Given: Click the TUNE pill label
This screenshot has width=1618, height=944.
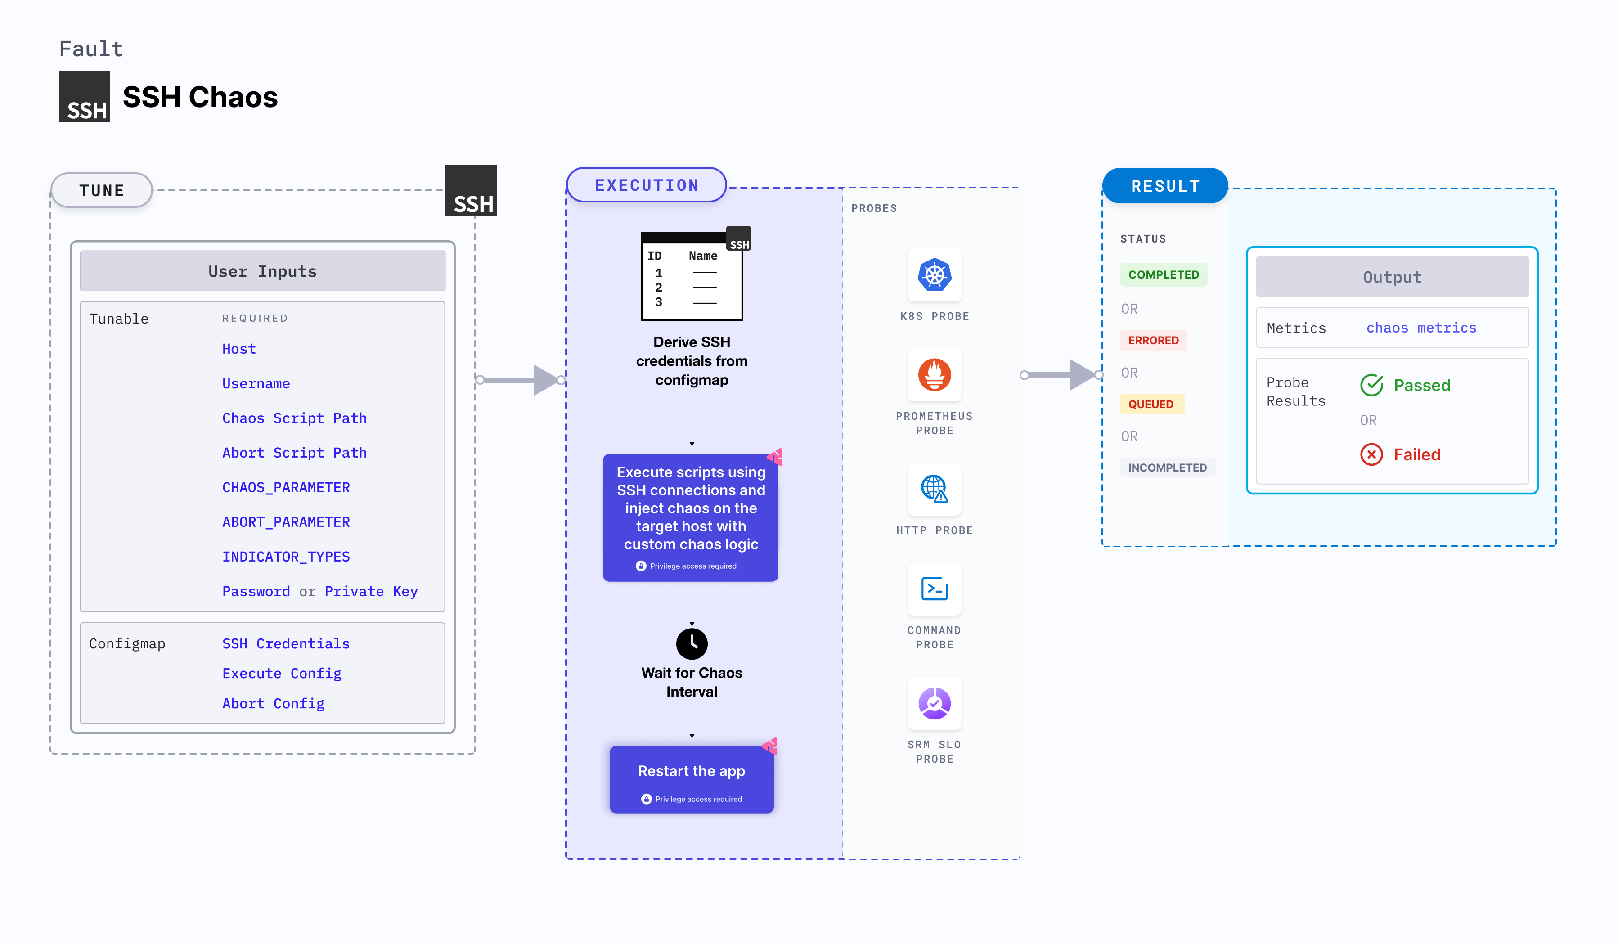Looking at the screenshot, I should click(101, 191).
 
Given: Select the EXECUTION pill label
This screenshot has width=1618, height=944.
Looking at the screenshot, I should click(646, 185).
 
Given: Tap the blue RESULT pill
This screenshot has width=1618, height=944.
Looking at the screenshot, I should click(1165, 186).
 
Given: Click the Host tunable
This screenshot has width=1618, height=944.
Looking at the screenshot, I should click(239, 349).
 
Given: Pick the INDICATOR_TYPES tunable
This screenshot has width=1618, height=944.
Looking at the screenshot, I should click(286, 557).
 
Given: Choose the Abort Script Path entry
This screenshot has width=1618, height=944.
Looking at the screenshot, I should click(294, 453).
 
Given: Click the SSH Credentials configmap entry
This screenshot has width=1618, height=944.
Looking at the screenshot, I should click(286, 643).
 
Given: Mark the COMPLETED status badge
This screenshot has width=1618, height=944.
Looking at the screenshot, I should click(1164, 275).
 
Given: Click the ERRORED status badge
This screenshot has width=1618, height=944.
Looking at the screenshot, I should click(1153, 340).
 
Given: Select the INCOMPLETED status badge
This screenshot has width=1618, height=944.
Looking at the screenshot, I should click(1167, 468).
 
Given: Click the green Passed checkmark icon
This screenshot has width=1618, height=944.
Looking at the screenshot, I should click(1371, 385).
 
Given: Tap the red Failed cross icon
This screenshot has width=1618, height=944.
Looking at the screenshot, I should click(1371, 454).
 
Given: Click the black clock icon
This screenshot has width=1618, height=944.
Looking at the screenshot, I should click(692, 643).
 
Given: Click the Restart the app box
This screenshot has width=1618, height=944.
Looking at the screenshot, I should click(692, 779).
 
